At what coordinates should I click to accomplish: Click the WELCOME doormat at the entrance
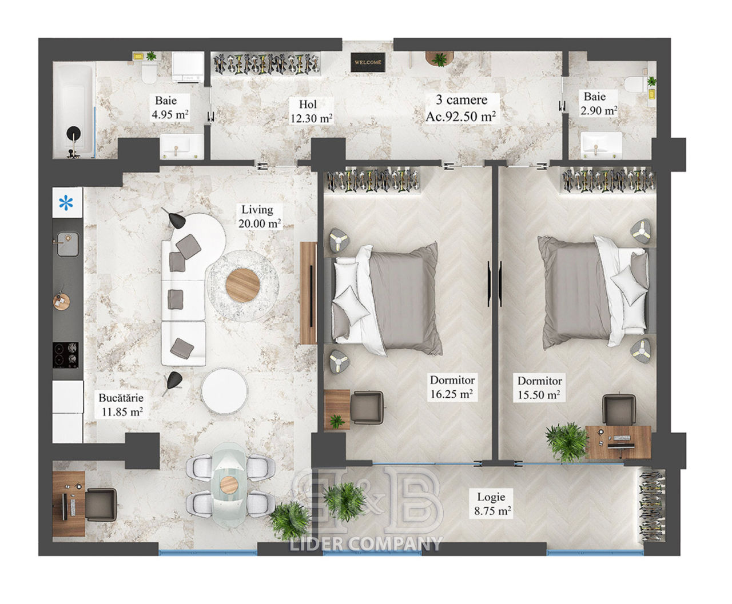[368, 62]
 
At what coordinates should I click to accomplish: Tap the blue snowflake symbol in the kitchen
[66, 203]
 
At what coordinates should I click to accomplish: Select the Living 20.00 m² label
[260, 217]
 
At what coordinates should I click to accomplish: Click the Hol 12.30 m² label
[311, 111]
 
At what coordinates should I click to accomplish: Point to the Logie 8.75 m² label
[492, 504]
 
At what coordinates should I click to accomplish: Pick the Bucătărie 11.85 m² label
[121, 405]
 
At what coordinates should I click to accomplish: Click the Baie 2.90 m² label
[599, 103]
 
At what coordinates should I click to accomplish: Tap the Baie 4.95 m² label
[170, 107]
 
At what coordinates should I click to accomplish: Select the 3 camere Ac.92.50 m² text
[461, 108]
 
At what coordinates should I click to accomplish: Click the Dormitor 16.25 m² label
[452, 387]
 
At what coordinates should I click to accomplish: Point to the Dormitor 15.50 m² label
[539, 388]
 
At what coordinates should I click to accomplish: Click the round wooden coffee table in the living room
[242, 285]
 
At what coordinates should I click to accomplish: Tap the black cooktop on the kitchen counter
[66, 355]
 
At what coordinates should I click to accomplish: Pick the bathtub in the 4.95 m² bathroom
[74, 110]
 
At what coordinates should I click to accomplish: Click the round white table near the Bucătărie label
[224, 391]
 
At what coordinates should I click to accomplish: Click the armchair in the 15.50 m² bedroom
[619, 409]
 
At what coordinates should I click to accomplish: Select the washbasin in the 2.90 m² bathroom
[601, 145]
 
